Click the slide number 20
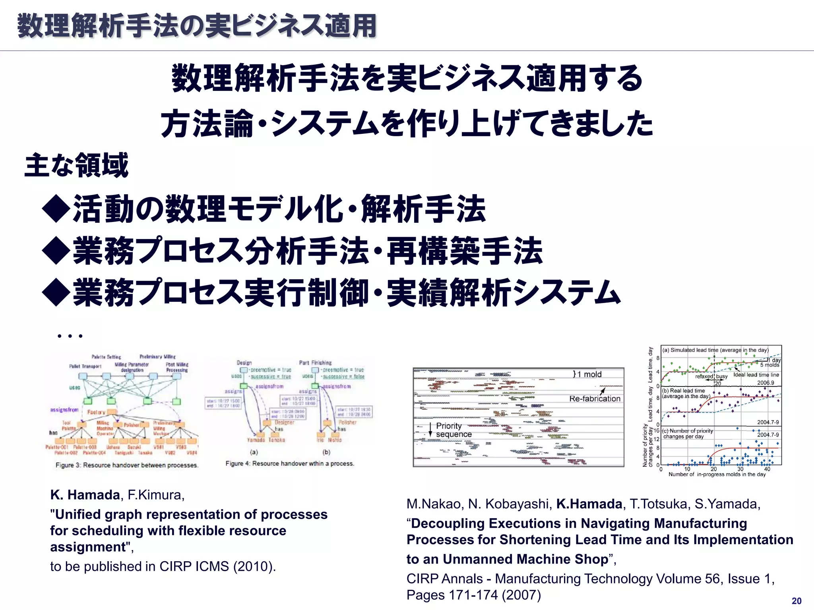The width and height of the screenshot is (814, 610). (797, 601)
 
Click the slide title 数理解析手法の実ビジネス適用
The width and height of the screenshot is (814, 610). (197, 26)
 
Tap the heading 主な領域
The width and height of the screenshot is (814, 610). (77, 165)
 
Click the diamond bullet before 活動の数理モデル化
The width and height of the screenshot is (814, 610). (56, 209)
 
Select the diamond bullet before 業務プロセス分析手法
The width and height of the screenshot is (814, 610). (56, 251)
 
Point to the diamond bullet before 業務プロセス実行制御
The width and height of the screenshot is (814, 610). (56, 293)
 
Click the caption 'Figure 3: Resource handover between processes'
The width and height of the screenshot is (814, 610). (127, 465)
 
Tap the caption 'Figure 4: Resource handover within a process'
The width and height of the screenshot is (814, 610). (290, 463)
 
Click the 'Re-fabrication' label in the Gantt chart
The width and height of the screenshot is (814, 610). (595, 399)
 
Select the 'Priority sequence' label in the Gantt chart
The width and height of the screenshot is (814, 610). (454, 430)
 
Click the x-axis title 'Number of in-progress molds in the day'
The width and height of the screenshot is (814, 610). (717, 474)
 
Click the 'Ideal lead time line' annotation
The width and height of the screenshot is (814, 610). (756, 374)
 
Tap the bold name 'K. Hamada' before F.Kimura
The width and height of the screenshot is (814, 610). (85, 495)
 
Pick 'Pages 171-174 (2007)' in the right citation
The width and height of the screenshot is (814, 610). (473, 595)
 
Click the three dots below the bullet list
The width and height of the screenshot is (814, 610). (70, 336)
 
